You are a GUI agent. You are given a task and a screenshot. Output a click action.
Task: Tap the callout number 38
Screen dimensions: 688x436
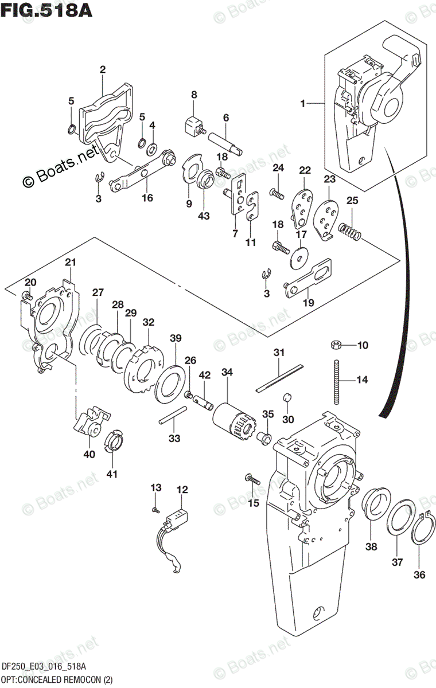pos(372,546)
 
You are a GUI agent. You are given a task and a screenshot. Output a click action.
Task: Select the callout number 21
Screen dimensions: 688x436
pos(70,263)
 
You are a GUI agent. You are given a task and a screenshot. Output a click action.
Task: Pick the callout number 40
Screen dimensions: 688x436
pos(89,454)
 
